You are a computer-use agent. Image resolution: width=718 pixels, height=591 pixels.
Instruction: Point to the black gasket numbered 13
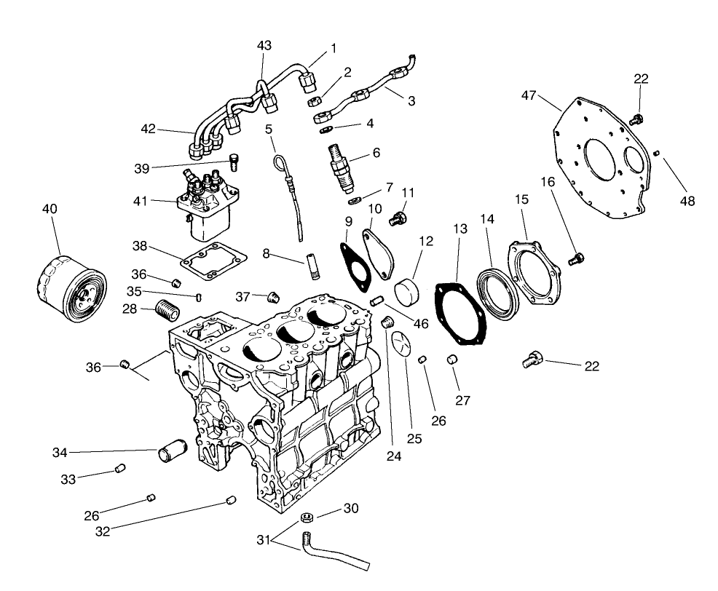pyautogui.click(x=462, y=314)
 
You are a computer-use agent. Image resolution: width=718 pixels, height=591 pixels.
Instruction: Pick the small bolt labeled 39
pyautogui.click(x=234, y=159)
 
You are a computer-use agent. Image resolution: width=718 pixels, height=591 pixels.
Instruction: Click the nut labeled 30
pyautogui.click(x=307, y=518)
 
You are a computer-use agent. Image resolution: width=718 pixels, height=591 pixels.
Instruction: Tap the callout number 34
pyautogui.click(x=60, y=453)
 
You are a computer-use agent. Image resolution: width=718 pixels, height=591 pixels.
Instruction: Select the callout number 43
pyautogui.click(x=264, y=46)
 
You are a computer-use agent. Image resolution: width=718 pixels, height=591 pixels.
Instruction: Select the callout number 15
pyautogui.click(x=521, y=199)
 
